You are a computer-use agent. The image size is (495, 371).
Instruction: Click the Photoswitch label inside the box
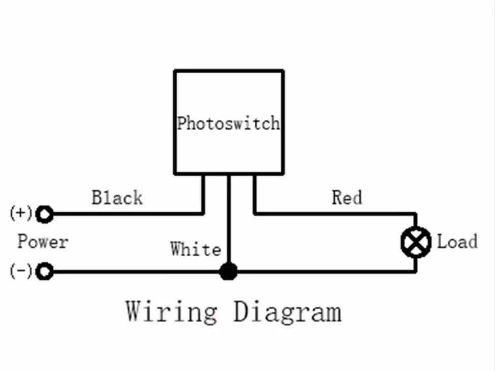coord(228,123)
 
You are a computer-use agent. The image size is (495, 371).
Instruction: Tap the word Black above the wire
coord(117,198)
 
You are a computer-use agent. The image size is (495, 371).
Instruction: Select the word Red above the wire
coord(347,198)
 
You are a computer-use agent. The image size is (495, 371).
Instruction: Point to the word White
coord(195,249)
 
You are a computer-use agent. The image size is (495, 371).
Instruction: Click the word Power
coord(43,242)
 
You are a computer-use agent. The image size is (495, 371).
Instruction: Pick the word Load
coord(457,242)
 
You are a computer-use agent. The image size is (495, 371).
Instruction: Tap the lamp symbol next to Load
coord(416,242)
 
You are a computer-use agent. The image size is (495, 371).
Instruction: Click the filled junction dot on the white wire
coord(228,271)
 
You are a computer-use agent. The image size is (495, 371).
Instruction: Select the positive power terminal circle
coord(45,214)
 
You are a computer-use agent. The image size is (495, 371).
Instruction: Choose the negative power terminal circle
coord(45,271)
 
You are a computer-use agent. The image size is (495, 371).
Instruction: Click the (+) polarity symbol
coord(21,212)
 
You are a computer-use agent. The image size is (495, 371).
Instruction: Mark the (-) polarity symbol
coord(21,271)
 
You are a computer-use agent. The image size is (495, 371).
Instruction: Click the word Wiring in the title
coord(172,312)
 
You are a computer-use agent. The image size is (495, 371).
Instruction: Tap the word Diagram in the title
coord(287,313)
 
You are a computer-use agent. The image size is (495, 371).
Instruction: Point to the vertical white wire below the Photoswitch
coord(229,219)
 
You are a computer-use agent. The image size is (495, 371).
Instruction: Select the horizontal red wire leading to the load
coord(335,214)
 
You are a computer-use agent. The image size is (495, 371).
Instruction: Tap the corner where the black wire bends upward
coord(203,214)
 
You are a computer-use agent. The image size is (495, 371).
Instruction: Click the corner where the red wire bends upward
coord(255,214)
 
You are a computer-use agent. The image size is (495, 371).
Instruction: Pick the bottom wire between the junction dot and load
coord(326,271)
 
